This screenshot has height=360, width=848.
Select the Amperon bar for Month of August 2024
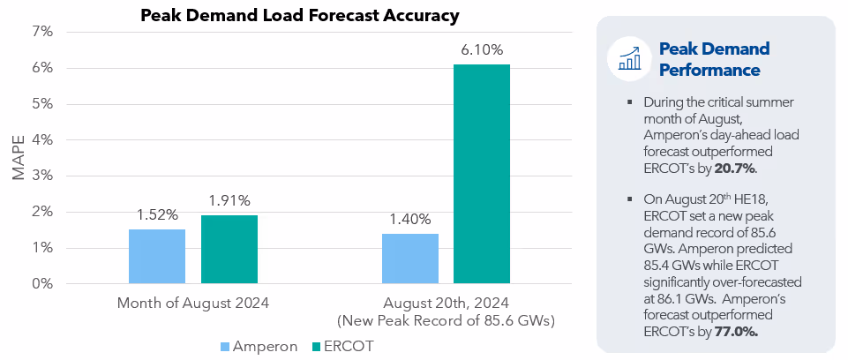[157, 257]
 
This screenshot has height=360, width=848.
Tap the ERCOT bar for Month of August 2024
[229, 250]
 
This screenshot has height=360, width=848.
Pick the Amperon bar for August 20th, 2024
[410, 259]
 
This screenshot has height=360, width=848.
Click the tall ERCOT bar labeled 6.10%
[482, 175]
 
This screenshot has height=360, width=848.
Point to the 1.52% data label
[157, 214]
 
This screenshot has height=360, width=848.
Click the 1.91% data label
[229, 200]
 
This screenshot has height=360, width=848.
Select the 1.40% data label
[410, 219]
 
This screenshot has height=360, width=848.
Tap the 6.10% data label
[482, 49]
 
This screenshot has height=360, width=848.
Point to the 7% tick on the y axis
[42, 32]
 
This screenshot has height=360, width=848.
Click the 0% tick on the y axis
[42, 284]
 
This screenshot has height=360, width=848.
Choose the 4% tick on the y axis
[42, 140]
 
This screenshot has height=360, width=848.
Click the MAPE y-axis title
[19, 158]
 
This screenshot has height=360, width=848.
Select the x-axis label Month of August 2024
[193, 303]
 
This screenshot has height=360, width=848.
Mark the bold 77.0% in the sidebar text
[735, 331]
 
